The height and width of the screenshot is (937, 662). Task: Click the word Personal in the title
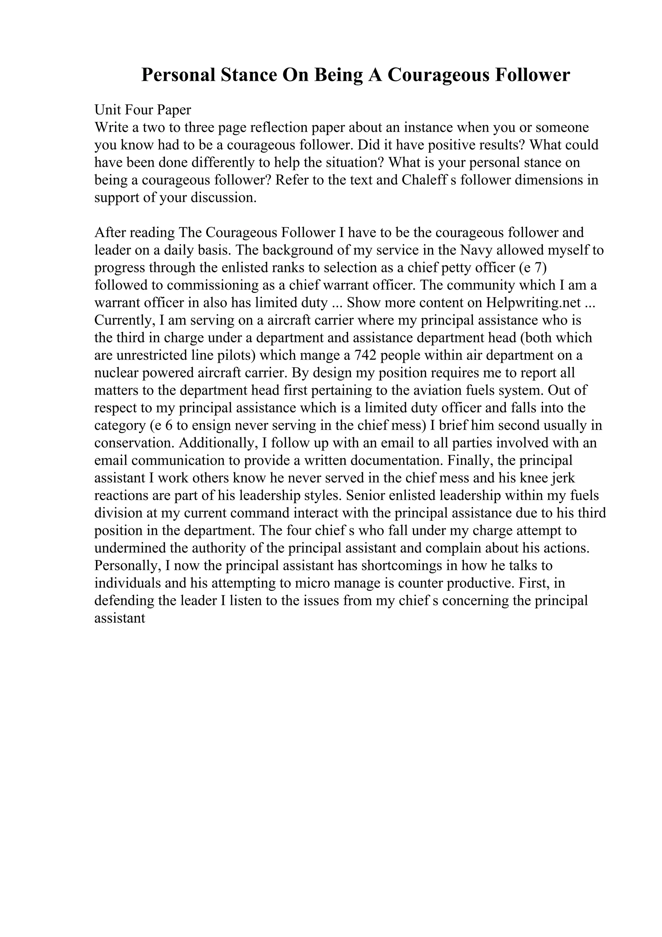(178, 75)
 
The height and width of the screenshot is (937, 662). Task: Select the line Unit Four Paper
(143, 110)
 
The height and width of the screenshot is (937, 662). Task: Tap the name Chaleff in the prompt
(425, 180)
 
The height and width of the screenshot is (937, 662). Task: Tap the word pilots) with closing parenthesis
(235, 355)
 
